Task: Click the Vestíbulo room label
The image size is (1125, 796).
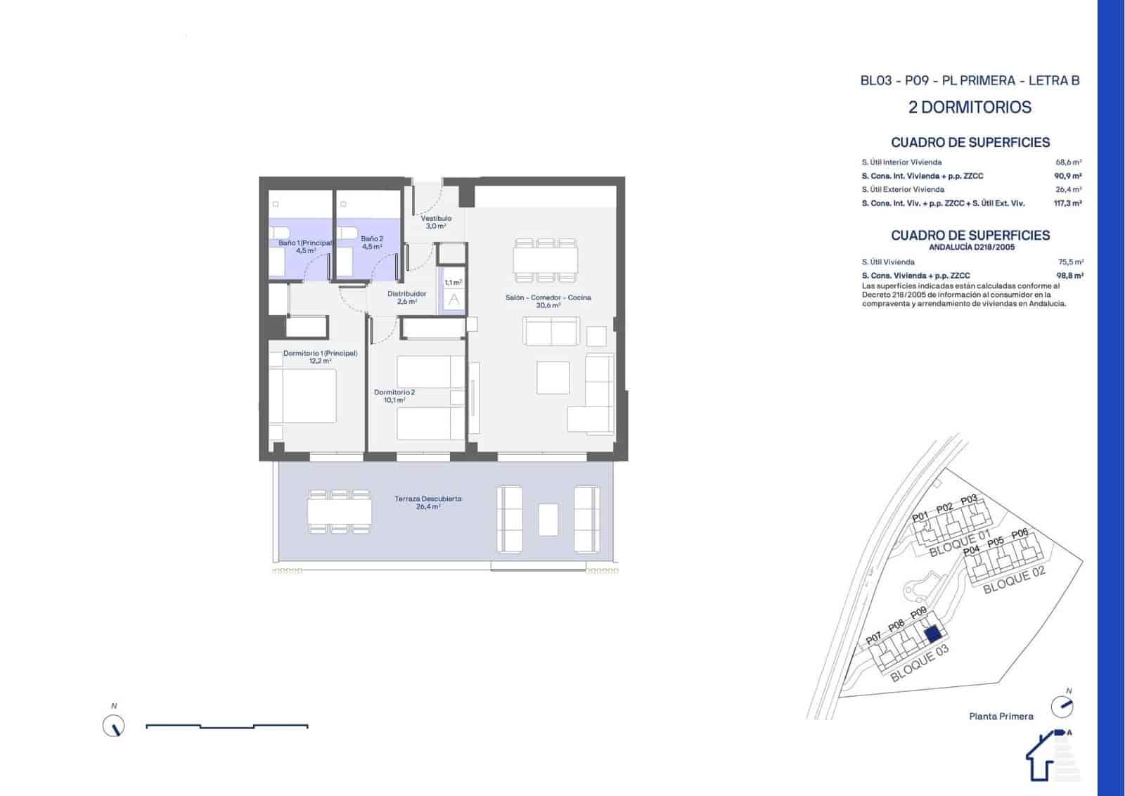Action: coord(436,222)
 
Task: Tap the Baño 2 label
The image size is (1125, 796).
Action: coord(372,243)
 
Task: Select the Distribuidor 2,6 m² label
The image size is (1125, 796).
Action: coord(406,297)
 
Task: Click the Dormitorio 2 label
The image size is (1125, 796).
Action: coord(394,396)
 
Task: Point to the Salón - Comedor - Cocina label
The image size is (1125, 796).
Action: coord(548,301)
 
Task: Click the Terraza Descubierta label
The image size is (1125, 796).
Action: coord(427,502)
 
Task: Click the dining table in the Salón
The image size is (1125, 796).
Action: coord(546,258)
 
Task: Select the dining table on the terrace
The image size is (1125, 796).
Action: coord(340,511)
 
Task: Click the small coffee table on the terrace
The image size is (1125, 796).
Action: coord(548,520)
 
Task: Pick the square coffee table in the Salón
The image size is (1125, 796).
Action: coord(553,378)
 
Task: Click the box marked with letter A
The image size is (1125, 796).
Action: coord(454,300)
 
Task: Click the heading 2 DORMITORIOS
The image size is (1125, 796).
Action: coord(970,108)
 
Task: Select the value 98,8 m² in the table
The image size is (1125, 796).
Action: coord(1069,276)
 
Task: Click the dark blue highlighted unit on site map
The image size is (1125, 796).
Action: coord(932,634)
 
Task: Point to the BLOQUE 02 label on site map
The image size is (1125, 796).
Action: coord(1014,580)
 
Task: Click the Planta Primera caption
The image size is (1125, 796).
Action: coord(1001,717)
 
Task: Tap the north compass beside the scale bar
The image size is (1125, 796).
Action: coord(113,725)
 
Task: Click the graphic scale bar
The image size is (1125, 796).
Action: coord(226,726)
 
